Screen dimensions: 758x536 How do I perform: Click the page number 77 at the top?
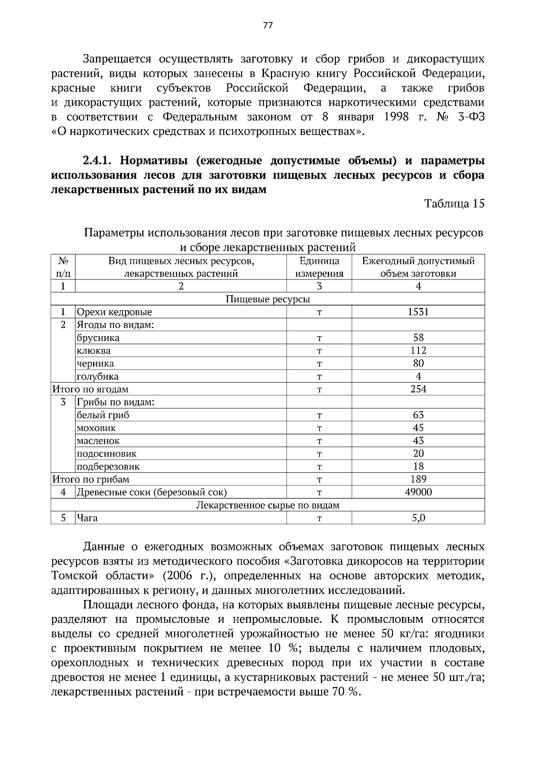[268, 25]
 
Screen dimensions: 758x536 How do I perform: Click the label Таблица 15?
[454, 204]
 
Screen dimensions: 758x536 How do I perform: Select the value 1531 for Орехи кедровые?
[418, 312]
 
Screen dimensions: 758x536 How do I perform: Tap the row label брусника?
[98, 338]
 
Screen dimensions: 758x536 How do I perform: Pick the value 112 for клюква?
[418, 350]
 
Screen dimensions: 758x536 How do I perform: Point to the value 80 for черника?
[418, 363]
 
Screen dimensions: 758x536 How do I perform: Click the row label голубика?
[97, 376]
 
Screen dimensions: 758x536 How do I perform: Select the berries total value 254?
[418, 389]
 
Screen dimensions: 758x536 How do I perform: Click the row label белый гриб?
[103, 415]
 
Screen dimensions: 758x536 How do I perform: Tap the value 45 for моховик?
[418, 428]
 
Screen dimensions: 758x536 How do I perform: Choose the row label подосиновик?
[106, 454]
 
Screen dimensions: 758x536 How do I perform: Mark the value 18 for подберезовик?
[418, 466]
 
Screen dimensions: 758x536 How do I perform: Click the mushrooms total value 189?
[418, 479]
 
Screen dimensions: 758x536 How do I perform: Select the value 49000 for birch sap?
[418, 492]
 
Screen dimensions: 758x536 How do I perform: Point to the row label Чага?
[87, 518]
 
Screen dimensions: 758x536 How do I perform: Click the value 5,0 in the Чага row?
[418, 518]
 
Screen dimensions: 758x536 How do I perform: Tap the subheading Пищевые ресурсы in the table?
[268, 299]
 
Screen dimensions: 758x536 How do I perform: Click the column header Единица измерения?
[319, 267]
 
